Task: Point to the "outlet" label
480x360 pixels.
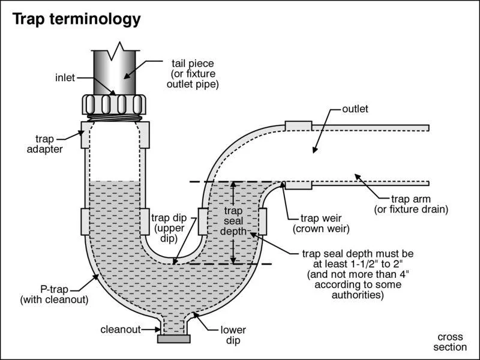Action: [355, 109]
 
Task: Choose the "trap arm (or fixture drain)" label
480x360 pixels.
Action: [411, 204]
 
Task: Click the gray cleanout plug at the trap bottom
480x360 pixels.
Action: [173, 339]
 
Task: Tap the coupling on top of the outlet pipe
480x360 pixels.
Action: [298, 125]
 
